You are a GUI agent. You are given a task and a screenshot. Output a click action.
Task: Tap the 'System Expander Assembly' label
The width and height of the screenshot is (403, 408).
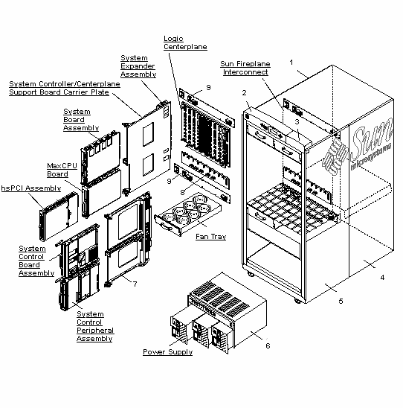(138, 66)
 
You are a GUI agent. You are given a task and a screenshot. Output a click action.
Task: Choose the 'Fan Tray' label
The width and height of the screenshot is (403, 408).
(211, 237)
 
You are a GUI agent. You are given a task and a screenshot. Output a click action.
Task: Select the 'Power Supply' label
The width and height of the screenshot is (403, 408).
(167, 351)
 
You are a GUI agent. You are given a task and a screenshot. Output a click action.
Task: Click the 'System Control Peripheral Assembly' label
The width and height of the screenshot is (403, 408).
(94, 326)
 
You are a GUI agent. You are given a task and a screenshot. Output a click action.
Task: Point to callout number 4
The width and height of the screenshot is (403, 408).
(382, 277)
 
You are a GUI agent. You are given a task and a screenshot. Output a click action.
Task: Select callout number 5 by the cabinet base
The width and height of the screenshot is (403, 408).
(341, 302)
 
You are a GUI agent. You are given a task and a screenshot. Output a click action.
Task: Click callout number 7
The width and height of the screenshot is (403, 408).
(135, 283)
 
